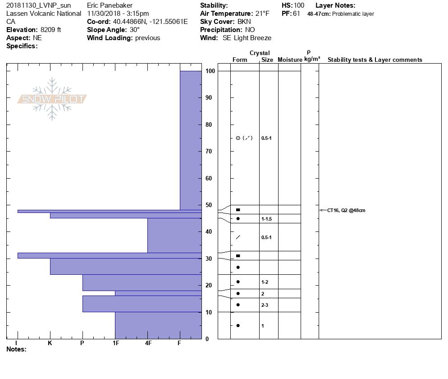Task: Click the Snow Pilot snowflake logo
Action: [x=52, y=99]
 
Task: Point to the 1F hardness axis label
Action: [x=115, y=343]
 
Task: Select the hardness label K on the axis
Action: [x=50, y=343]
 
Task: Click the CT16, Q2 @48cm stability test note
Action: [x=347, y=210]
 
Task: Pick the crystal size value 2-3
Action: [x=265, y=305]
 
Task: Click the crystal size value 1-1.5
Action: [x=266, y=219]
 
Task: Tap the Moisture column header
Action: [x=290, y=60]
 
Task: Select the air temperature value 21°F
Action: [x=260, y=14]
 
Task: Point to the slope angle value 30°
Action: [x=135, y=30]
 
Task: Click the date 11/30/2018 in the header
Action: [x=105, y=14]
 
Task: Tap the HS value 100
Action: [x=299, y=5]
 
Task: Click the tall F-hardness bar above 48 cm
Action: [x=191, y=140]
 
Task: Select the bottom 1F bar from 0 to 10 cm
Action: [x=158, y=325]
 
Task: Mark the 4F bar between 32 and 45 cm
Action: [x=174, y=235]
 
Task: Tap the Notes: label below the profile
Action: [x=17, y=349]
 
